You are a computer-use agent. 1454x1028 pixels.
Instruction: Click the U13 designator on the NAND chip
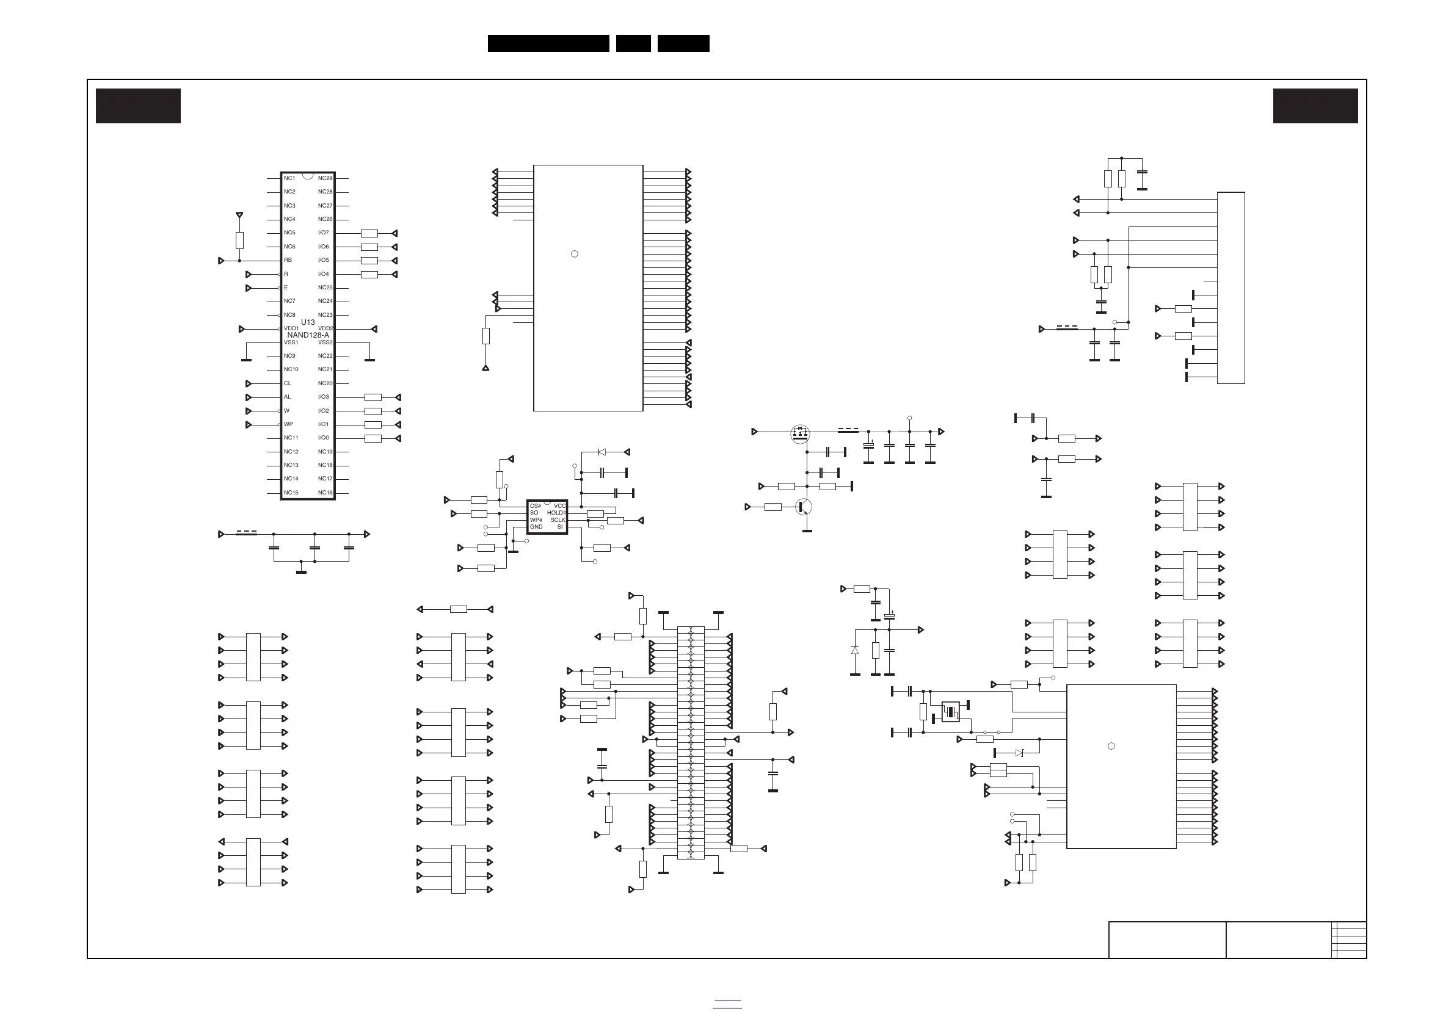(x=308, y=322)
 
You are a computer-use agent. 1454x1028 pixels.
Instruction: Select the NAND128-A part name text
(x=308, y=335)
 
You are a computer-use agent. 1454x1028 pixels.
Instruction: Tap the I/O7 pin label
(x=324, y=233)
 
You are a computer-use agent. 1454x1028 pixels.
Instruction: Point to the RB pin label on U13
(x=288, y=260)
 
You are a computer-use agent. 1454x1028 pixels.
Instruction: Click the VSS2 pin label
(x=325, y=342)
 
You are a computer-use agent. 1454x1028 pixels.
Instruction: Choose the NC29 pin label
(x=325, y=178)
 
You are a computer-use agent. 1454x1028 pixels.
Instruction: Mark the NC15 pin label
(x=291, y=493)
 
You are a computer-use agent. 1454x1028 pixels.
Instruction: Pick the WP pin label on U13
(x=288, y=424)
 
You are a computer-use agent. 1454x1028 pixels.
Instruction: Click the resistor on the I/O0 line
(x=373, y=438)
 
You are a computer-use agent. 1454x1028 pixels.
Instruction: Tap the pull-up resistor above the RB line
(x=239, y=241)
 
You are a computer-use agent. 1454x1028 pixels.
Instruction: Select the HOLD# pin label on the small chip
(x=557, y=513)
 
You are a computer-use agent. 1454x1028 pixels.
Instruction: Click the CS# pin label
(x=536, y=506)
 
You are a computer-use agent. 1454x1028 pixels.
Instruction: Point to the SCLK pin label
(x=558, y=519)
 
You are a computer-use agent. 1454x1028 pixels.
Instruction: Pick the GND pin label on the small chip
(x=536, y=527)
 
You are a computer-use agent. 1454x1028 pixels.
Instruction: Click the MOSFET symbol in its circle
(x=801, y=433)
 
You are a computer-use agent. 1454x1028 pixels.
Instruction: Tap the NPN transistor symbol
(x=804, y=507)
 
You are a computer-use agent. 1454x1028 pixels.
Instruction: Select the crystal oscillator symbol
(x=951, y=712)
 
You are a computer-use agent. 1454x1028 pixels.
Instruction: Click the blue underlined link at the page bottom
(x=727, y=1004)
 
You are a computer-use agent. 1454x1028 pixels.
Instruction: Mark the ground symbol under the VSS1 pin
(x=246, y=360)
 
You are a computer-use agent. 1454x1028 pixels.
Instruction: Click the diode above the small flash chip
(x=602, y=452)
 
